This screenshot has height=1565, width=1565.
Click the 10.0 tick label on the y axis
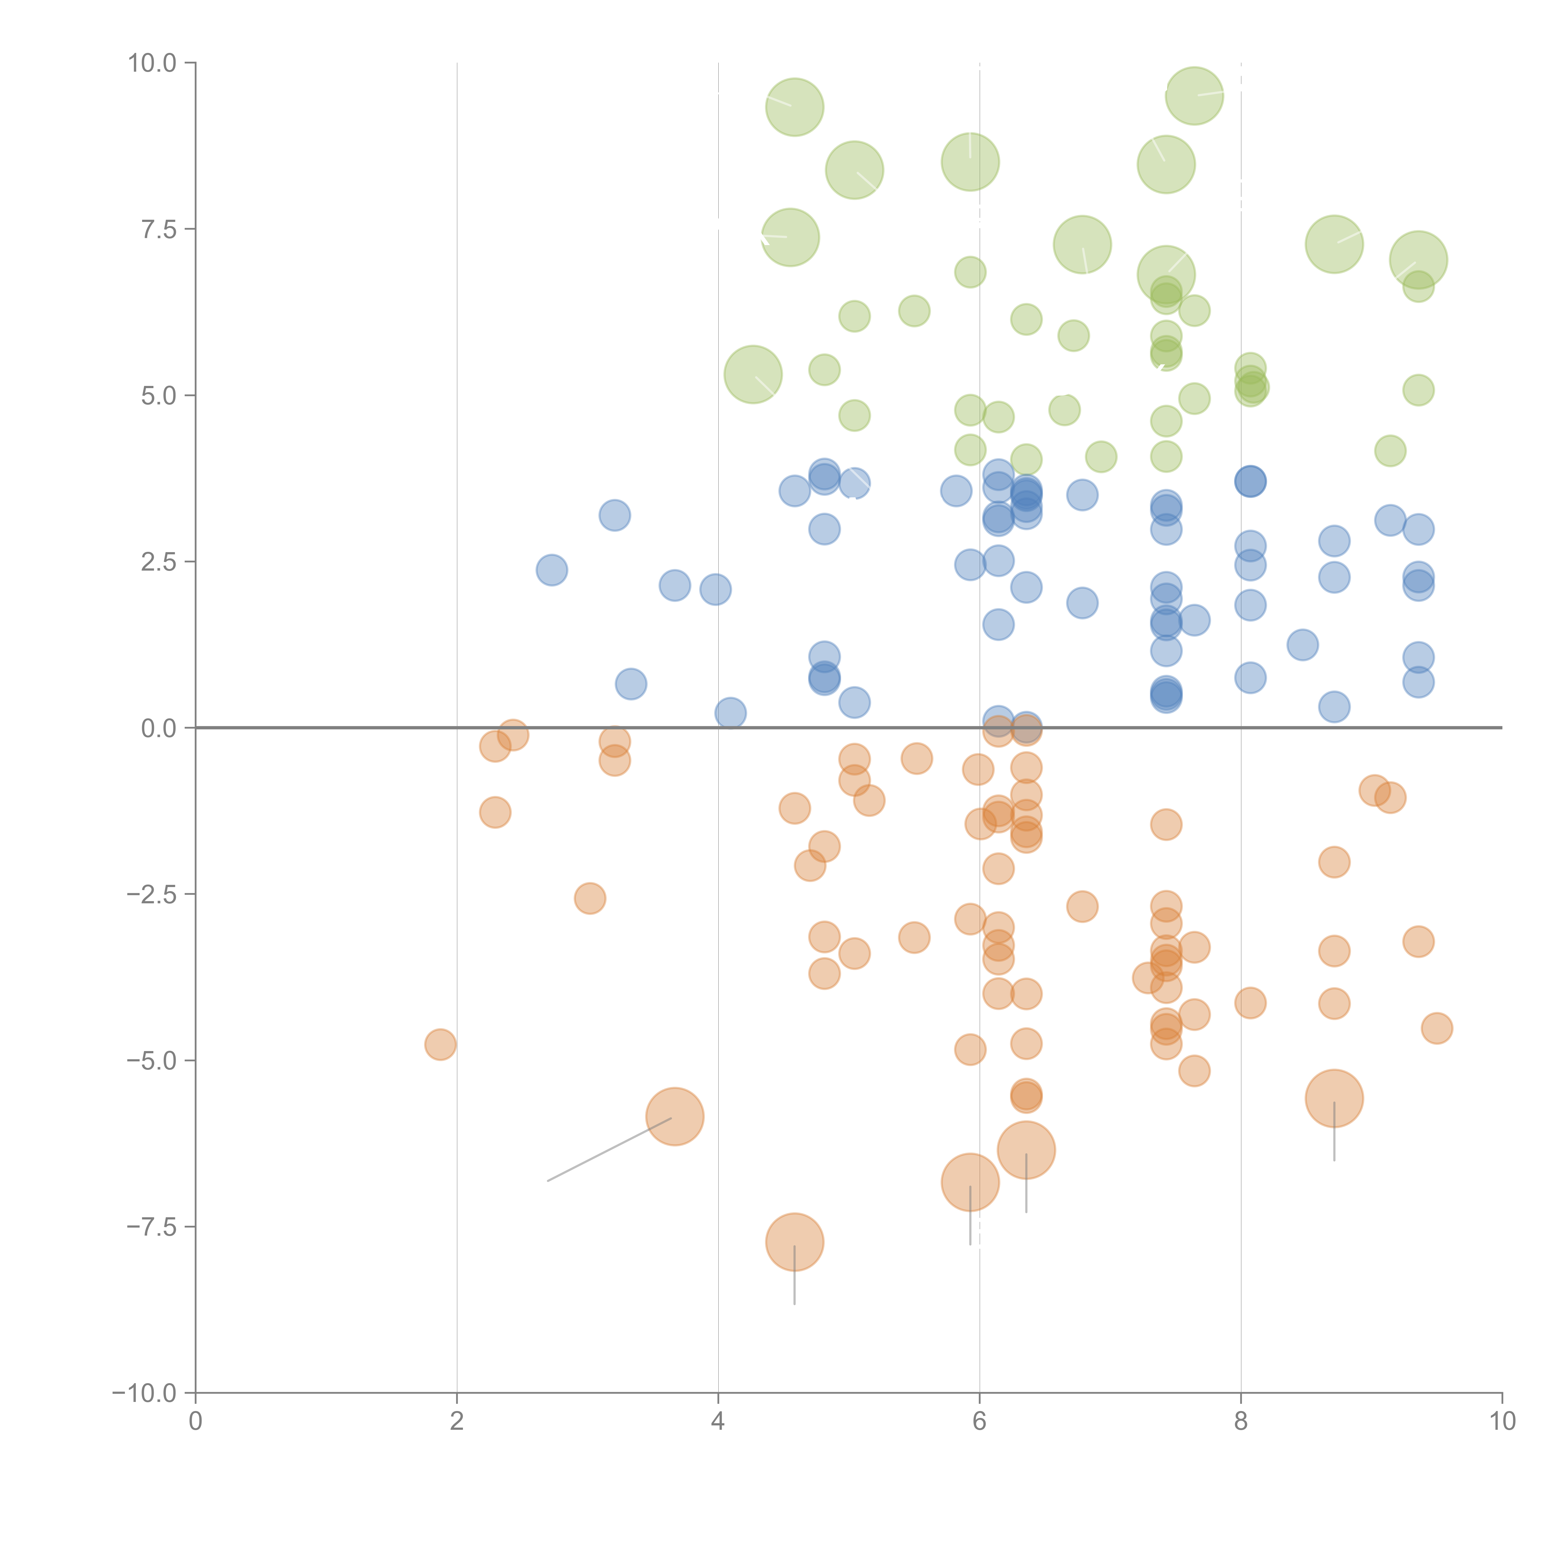click(x=152, y=63)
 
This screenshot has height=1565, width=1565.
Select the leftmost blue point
click(x=552, y=570)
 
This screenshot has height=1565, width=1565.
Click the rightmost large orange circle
click(x=1334, y=1098)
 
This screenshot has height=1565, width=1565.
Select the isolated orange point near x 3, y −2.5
click(x=590, y=898)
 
